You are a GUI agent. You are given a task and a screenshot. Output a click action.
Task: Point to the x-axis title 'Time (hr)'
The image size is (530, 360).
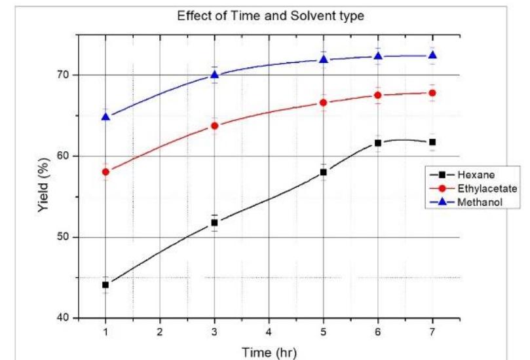[269, 353]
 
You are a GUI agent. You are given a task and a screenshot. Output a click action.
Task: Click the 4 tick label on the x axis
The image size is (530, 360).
[269, 331]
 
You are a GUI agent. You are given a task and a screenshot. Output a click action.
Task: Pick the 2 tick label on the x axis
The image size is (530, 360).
[160, 331]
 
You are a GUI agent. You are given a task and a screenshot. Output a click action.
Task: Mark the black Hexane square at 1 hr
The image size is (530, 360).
[105, 285]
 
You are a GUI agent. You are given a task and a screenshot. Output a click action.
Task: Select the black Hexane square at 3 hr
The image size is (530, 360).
[214, 223]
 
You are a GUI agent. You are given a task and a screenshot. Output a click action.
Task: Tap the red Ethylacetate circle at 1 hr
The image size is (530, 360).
[105, 171]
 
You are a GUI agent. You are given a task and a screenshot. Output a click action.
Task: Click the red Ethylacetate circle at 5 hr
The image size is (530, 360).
[323, 103]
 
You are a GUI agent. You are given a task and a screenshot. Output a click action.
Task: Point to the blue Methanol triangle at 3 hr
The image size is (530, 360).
[214, 75]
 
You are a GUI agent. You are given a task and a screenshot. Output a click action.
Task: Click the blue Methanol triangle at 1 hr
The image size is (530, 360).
[105, 117]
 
